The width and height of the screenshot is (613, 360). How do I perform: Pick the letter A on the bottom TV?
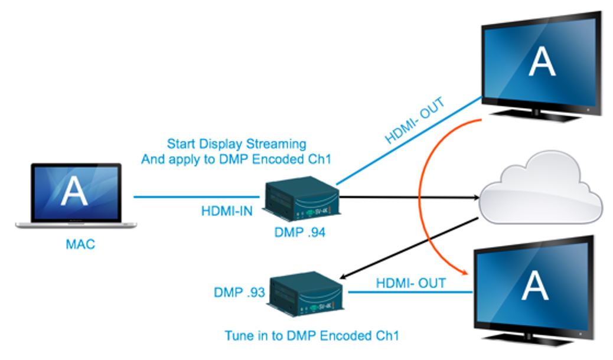click(536, 286)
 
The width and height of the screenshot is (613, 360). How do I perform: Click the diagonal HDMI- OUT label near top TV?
click(415, 122)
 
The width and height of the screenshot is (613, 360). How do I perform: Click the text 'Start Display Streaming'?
click(236, 143)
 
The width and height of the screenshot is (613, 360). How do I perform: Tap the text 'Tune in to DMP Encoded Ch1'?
click(312, 336)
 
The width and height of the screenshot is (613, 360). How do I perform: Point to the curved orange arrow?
click(420, 195)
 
